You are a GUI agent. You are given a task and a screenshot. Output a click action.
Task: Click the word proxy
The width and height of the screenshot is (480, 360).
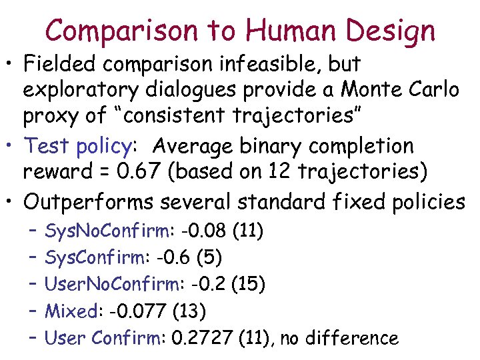pos(53,115)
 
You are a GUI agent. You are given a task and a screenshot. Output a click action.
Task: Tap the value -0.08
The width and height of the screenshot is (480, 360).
pos(204,231)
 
